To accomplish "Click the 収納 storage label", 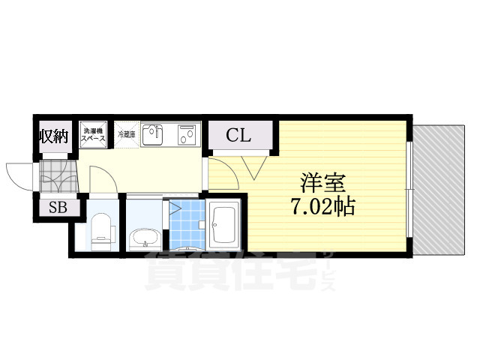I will click(x=55, y=136).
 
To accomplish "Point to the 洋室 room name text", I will click(x=323, y=182).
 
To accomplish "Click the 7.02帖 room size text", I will click(x=323, y=205).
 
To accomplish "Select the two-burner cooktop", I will click(x=187, y=136).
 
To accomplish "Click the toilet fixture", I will click(x=101, y=229).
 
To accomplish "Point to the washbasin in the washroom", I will click(x=143, y=238).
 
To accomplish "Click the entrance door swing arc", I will click(x=19, y=174).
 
